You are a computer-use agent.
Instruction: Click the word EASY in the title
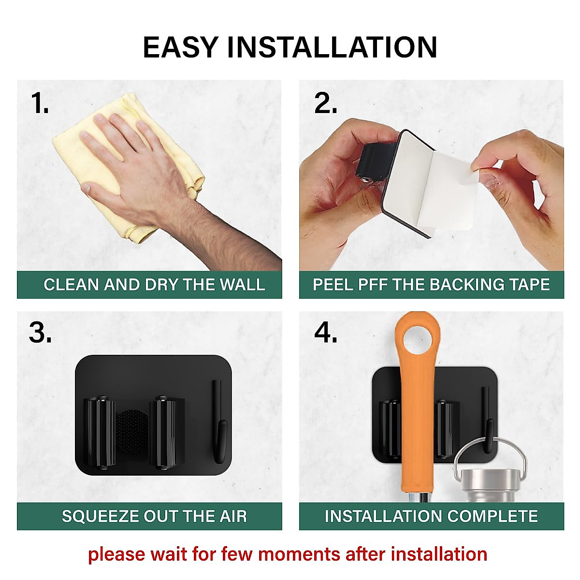point(180,47)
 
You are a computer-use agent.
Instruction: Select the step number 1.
point(40,103)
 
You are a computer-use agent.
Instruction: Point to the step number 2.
point(325,103)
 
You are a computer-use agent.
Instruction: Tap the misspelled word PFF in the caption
point(370,284)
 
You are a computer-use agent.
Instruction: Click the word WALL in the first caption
point(243,284)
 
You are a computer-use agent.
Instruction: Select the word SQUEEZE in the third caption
point(100,516)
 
